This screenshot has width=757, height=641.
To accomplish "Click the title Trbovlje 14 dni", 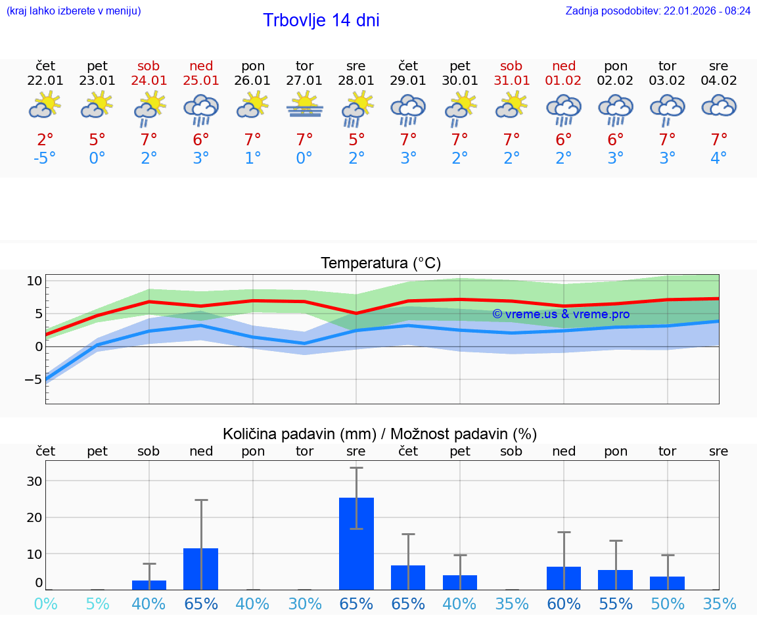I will [321, 20].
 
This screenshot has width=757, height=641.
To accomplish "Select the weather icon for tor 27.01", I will [304, 106].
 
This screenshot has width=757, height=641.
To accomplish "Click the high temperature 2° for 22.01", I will [45, 139].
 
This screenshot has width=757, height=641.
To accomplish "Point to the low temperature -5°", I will [45, 158].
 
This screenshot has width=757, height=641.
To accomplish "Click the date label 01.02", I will [564, 81].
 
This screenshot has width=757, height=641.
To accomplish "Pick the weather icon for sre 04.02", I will [719, 106].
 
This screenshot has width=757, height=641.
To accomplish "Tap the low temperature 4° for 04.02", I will [719, 158].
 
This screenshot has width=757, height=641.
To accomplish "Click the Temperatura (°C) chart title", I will [380, 264].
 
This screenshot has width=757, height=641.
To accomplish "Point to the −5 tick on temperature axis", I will [33, 379].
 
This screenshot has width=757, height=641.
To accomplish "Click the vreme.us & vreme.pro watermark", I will [561, 314].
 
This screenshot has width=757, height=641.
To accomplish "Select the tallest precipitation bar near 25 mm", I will [356, 543].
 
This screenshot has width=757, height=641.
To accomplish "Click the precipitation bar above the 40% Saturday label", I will [149, 584].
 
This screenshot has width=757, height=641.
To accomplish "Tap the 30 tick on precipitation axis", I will [34, 481].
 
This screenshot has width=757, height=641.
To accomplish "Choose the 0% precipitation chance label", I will [45, 604].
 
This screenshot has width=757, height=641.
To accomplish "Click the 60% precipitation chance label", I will [564, 604].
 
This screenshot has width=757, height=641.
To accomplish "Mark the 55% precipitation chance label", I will [616, 604].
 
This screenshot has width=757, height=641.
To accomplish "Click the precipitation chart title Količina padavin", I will [380, 434].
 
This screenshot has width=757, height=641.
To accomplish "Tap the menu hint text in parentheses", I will [74, 11].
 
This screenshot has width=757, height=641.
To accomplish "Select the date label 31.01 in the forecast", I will [511, 81].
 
